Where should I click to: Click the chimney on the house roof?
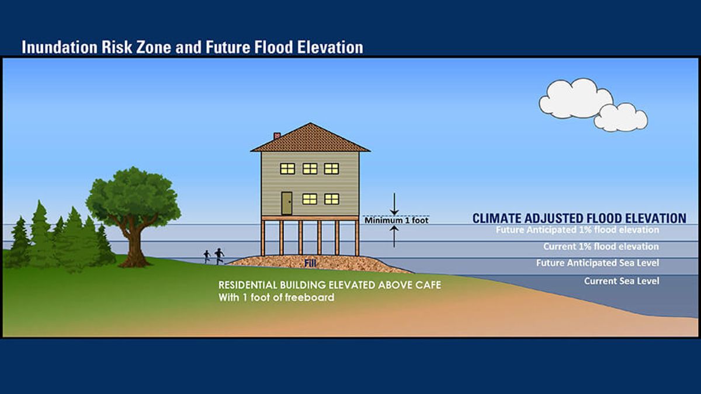click(277, 135)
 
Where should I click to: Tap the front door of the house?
click(286, 203)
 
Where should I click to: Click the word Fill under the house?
click(310, 264)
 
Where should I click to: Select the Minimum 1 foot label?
click(396, 221)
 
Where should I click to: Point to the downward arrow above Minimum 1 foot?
click(394, 204)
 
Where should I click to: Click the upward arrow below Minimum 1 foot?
click(394, 237)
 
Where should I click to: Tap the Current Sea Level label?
click(622, 281)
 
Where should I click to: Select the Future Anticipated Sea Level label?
click(598, 263)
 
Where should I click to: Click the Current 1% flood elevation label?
click(601, 246)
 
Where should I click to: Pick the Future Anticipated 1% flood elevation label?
click(577, 230)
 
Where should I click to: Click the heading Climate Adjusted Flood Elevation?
click(579, 218)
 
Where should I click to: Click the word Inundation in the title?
click(60, 47)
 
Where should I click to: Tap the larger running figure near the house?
click(220, 256)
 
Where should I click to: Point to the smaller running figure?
click(207, 256)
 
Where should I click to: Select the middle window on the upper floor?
click(310, 169)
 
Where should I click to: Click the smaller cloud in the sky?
click(620, 117)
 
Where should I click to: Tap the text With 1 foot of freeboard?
click(276, 297)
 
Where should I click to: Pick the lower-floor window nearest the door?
click(310, 199)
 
